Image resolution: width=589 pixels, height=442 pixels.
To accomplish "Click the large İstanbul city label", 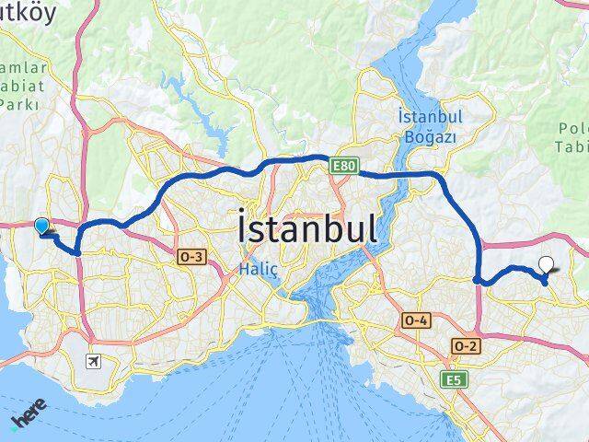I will coord(306,229).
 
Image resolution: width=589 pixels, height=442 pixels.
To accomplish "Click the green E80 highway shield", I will coord(342,164).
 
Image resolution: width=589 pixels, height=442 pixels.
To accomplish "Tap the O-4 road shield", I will coord(415,320).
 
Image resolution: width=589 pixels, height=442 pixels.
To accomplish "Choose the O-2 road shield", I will coord(466,344).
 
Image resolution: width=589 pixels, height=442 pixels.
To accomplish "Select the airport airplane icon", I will coord(93,361).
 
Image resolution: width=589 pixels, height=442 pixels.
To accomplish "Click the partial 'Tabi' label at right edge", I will coord(572,145).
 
